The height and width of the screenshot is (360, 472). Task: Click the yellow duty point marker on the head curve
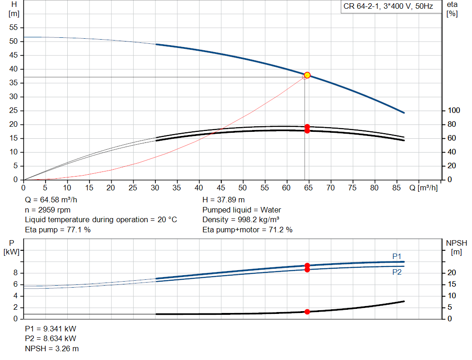pos(307,75)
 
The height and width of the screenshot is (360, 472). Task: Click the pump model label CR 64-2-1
pos(388,6)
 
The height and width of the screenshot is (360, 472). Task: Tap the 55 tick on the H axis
pos(13,28)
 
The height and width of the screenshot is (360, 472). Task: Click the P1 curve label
pos(397,256)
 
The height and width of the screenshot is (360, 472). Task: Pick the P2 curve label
pos(397,272)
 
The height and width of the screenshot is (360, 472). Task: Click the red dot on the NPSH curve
pos(307,312)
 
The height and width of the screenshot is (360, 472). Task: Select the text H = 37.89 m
pos(224,200)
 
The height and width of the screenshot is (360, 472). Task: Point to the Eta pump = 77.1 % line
pos(58,230)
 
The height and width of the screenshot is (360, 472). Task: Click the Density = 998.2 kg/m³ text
pos(241,219)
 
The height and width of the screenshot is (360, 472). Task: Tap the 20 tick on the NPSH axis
pos(451,273)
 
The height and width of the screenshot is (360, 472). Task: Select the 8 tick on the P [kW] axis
pos(15,273)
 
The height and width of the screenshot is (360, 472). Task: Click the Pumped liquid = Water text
pos(242,210)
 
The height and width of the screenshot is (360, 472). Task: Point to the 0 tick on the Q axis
pos(24,188)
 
